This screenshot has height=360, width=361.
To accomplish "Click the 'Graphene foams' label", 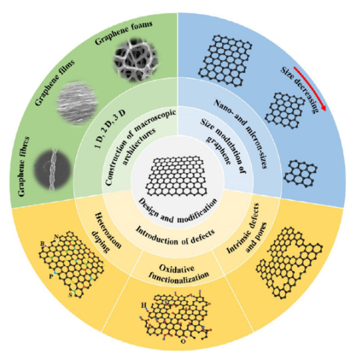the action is (x=124, y=33).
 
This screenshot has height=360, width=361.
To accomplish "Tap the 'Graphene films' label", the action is (x=54, y=83).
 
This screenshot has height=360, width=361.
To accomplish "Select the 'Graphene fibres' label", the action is (x=24, y=167).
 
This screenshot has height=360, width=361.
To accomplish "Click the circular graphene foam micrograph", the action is (x=136, y=62).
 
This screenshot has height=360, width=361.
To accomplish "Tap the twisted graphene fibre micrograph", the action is (x=52, y=170).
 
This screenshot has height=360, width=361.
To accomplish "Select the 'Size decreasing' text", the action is (x=299, y=90).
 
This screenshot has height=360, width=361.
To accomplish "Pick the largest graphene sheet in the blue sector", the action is (x=225, y=61).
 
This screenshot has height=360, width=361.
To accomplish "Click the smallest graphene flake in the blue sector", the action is (x=301, y=173).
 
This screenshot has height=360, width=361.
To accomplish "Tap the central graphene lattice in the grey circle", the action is (x=176, y=176).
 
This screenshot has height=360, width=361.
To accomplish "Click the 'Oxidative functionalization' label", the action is (x=178, y=273).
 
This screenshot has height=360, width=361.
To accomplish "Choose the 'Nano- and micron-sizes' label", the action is (x=241, y=134).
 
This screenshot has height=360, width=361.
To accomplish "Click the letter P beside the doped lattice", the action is (x=51, y=276).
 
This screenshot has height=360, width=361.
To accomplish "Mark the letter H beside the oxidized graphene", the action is (x=143, y=306).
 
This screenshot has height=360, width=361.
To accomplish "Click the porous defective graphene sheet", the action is (x=289, y=263).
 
